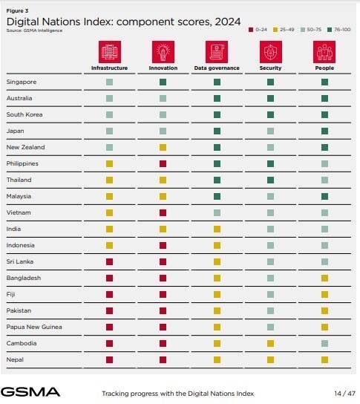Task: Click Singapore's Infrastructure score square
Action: pos(109,82)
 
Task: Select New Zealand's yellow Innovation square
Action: pos(163,147)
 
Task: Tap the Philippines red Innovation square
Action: pos(163,163)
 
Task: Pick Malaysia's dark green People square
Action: pos(324,196)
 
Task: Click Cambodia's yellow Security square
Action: pos(270,343)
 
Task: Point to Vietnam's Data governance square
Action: pos(217,212)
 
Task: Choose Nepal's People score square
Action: pos(324,359)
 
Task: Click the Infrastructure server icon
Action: pos(110,52)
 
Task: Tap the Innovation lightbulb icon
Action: pos(163,52)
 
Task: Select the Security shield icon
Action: pos(271,52)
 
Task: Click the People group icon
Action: pos(324,52)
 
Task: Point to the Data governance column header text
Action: pos(217,68)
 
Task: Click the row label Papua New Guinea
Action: pos(34,327)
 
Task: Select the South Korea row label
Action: pos(24,114)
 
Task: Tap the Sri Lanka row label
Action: pos(20,261)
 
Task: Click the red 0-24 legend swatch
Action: pos(251,30)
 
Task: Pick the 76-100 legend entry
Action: pos(339,30)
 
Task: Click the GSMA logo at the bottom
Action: pos(30,392)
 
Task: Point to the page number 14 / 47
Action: pos(345,394)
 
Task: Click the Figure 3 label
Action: pos(17,11)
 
